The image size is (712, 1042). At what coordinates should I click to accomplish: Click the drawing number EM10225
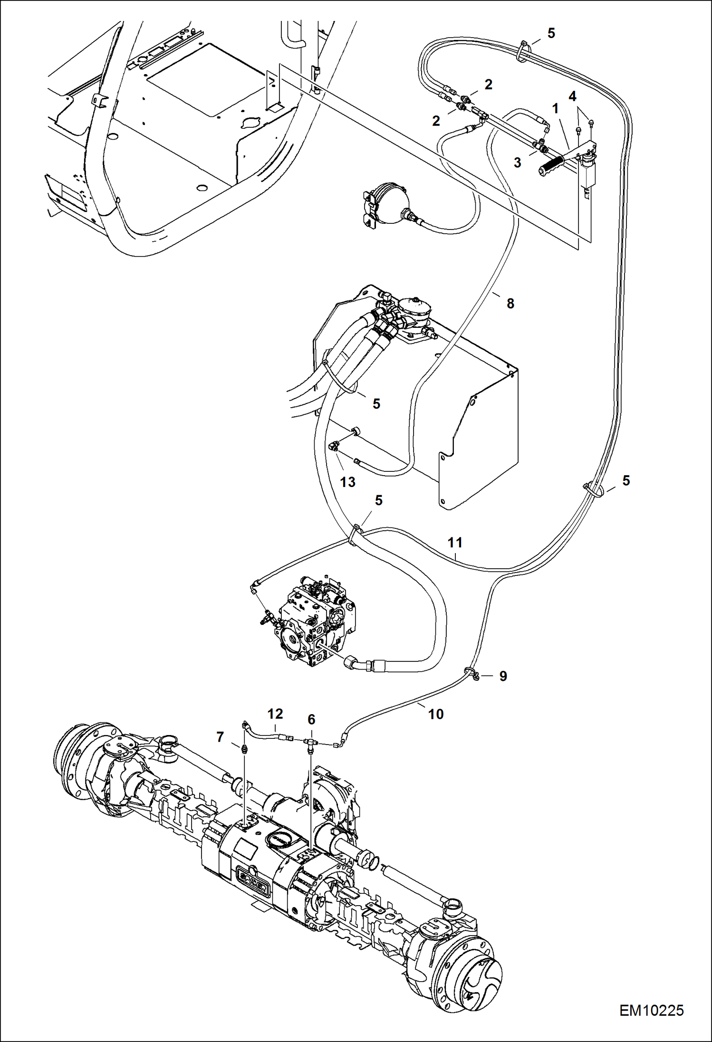651,1010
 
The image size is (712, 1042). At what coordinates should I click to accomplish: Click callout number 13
347,482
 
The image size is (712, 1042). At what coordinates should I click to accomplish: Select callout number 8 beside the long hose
510,304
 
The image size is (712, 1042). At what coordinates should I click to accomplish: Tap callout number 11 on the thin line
455,542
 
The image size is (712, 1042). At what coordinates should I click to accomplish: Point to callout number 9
503,676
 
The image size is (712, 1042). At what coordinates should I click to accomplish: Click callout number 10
436,714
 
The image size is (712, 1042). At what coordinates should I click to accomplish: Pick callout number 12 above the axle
275,714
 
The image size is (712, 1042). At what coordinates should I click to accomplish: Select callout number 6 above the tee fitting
311,720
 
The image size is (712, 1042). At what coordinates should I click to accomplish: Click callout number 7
220,737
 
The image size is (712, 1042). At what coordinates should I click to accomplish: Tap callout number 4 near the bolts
572,96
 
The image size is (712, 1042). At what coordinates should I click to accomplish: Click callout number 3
517,163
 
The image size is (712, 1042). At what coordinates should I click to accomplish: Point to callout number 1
555,109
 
